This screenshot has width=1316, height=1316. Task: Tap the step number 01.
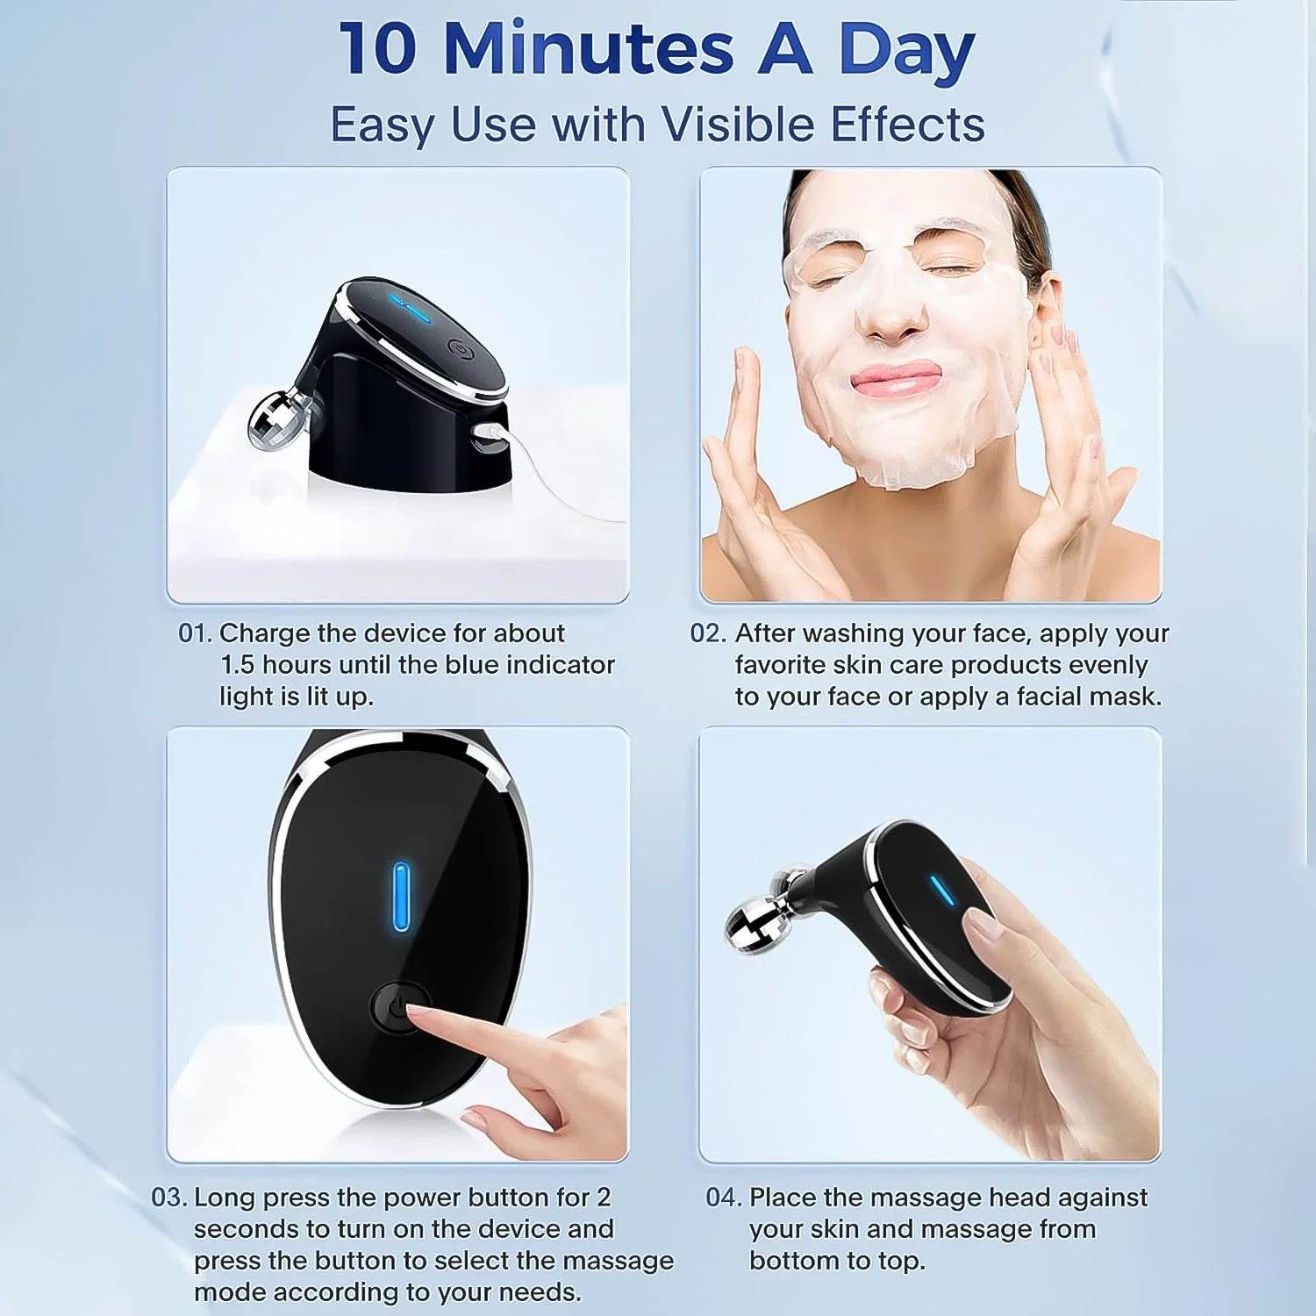194,633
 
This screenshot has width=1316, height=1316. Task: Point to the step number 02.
707,633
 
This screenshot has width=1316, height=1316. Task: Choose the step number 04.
724,1198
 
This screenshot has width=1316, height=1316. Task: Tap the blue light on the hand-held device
943,890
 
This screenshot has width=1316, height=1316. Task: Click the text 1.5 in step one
237,665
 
